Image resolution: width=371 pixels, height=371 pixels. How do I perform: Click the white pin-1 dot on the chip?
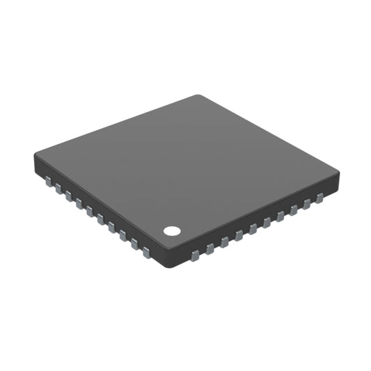[x=171, y=230]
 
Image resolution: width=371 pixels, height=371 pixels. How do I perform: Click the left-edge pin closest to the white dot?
[x=147, y=253]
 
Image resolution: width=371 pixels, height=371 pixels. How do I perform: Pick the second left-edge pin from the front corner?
[x=134, y=244]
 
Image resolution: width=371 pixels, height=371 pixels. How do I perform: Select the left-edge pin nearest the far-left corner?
[x=48, y=181]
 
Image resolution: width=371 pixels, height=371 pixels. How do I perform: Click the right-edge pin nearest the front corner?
[x=196, y=251]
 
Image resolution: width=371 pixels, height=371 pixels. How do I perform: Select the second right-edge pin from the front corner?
[x=210, y=246]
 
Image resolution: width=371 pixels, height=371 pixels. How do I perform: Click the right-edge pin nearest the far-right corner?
[x=319, y=198]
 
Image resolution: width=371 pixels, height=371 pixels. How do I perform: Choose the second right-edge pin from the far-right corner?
[x=306, y=203]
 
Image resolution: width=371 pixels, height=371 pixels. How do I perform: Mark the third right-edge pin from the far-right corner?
[x=293, y=209]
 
